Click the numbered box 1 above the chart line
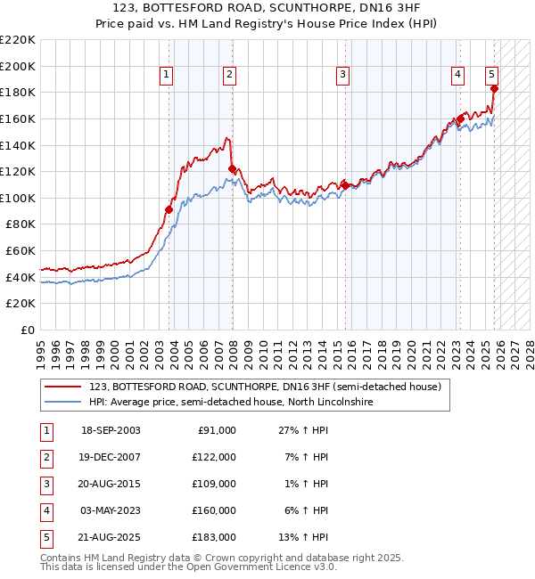tap(167, 76)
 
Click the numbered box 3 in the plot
tap(342, 76)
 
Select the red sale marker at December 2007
tap(232, 168)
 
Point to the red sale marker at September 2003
tap(169, 209)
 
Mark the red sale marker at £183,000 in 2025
tap(494, 88)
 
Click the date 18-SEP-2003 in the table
tap(110, 430)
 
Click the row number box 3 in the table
tap(45, 484)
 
